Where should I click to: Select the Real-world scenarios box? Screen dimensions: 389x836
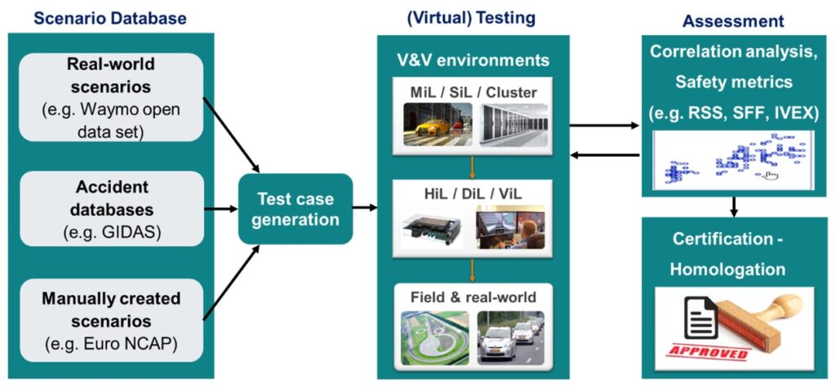point(110,97)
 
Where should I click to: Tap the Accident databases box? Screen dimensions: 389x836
point(110,208)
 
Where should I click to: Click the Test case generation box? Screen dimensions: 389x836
point(296,208)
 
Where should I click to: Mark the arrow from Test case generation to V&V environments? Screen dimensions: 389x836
point(365,208)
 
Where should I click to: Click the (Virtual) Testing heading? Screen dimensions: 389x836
point(462,16)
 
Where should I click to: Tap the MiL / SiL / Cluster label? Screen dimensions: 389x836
point(474,92)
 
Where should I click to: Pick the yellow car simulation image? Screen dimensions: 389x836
point(437,125)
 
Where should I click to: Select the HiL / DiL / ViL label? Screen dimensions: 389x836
point(473,190)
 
